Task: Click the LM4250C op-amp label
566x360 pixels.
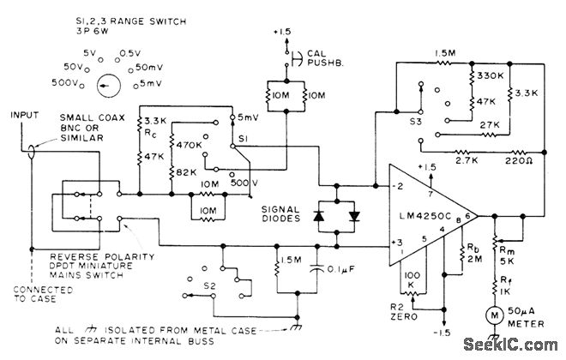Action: (424, 216)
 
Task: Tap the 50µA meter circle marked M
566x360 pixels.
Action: (495, 315)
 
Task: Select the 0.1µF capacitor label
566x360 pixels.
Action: (340, 269)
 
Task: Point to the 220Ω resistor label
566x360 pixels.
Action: (518, 161)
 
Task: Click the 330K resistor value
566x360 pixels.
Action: (491, 75)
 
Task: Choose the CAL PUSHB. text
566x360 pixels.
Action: (325, 58)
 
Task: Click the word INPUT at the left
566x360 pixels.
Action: (24, 115)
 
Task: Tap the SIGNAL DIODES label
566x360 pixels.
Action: (280, 214)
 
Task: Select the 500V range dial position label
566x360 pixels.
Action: (65, 82)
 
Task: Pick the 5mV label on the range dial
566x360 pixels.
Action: (151, 83)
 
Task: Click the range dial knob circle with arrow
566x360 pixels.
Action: (109, 86)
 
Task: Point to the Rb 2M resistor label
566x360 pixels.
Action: (475, 253)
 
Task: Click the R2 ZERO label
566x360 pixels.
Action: (404, 312)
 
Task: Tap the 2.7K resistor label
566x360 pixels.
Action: (467, 160)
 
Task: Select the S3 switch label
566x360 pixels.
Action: (415, 121)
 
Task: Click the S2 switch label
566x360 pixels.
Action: (209, 286)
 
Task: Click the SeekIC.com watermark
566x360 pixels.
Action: (510, 345)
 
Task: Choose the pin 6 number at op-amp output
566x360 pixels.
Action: (467, 216)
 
